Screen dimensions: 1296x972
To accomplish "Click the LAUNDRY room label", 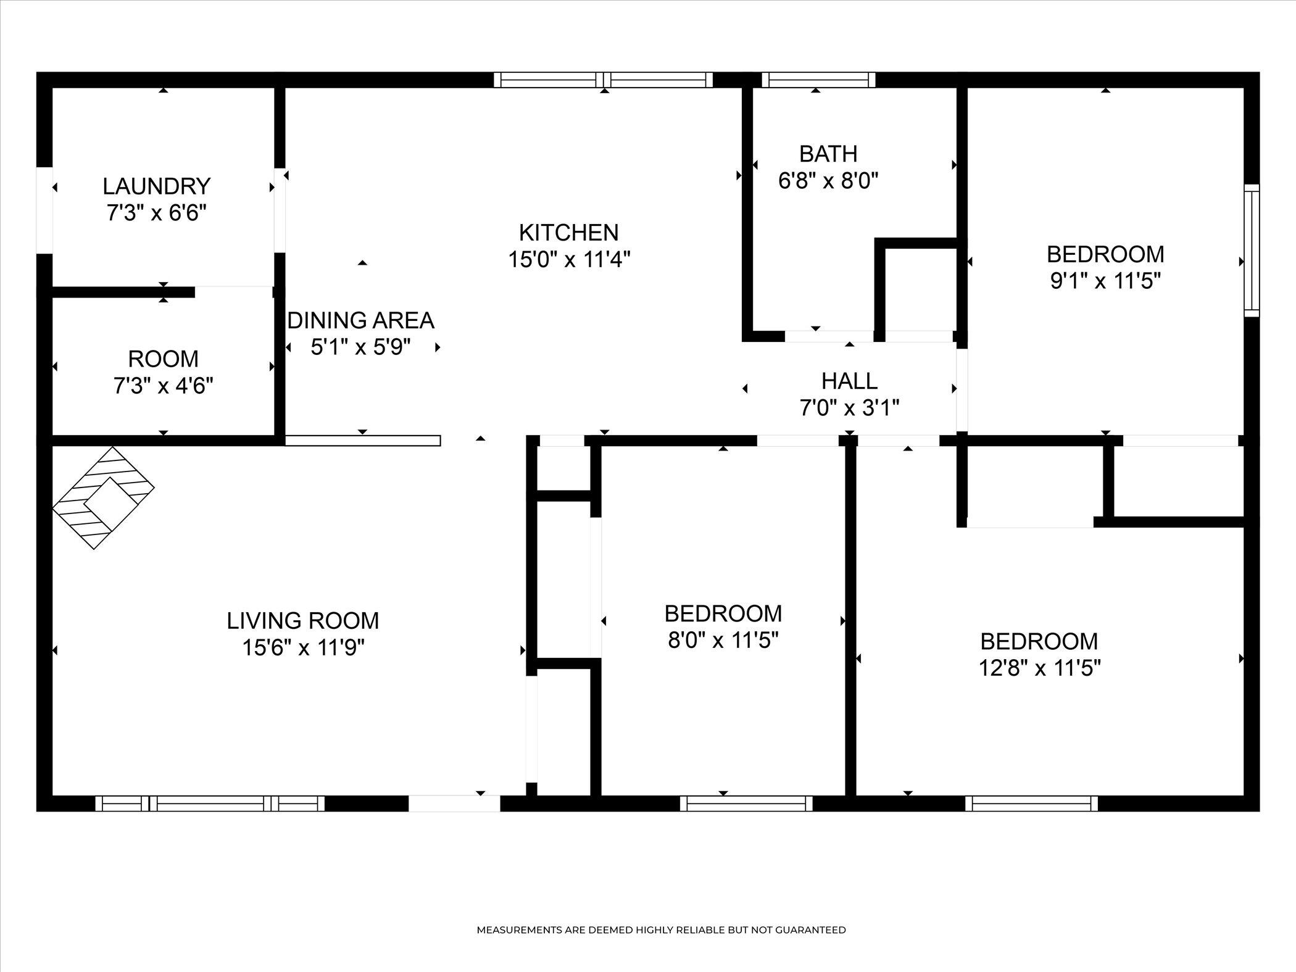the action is pos(157,186).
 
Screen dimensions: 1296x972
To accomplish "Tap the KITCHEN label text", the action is pos(568,233).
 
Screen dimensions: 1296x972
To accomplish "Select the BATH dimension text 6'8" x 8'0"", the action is pos(828,181).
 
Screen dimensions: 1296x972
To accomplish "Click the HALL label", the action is pos(849,381).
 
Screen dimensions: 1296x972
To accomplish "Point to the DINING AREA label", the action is pos(361,320).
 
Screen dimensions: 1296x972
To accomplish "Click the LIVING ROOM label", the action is pos(303,620).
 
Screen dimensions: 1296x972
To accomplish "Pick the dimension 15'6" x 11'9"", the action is pos(303,648).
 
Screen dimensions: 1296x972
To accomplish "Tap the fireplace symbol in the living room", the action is pos(104,498).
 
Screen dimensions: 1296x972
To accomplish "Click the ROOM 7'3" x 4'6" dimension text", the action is pos(164,386).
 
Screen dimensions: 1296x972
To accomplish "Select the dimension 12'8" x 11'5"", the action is pos(1040,668).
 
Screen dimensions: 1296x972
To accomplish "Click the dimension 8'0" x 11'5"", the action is pos(723,641).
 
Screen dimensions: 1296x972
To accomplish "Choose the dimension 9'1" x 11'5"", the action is pos(1105,281).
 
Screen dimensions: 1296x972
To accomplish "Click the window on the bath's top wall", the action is pos(819,80).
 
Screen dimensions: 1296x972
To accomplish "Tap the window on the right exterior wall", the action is pos(1252,251).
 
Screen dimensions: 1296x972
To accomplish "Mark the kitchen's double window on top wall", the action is pos(604,80).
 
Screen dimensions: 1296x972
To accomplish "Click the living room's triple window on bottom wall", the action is pos(210,804).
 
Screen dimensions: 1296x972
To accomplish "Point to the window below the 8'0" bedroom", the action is pos(746,804).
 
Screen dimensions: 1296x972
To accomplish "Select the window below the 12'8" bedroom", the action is pos(1031,804).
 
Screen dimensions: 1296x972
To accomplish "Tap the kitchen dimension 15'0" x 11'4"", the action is pos(569,260).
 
